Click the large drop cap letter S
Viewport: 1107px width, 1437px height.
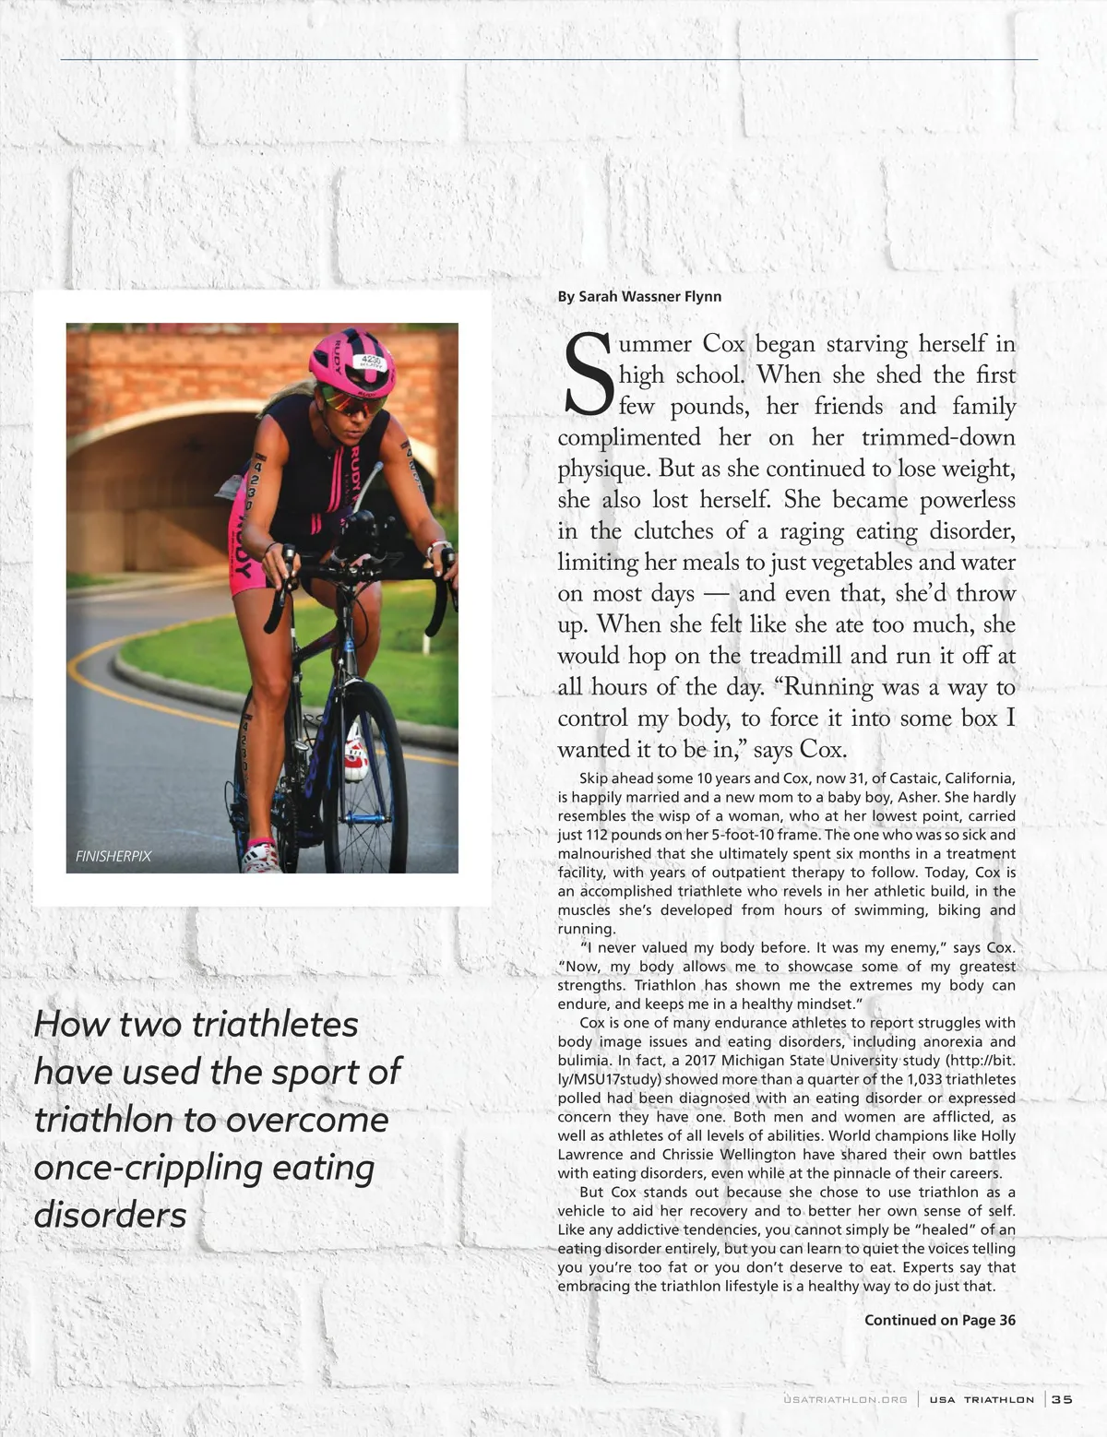(x=586, y=374)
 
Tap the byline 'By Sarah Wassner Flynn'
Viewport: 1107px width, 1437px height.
(x=639, y=296)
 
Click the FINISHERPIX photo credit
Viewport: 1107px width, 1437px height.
(x=113, y=856)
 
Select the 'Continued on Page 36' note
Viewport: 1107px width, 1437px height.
(x=939, y=1320)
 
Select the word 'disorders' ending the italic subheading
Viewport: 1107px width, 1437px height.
(x=110, y=1215)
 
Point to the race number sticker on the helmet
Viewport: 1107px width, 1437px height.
(x=371, y=361)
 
